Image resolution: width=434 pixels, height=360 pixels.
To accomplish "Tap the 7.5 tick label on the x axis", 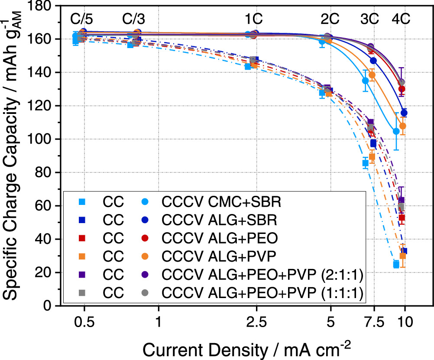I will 373,324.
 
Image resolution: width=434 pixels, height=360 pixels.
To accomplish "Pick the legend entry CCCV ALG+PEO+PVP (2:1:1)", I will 262,276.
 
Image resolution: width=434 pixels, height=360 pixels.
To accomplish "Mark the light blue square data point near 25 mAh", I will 396,264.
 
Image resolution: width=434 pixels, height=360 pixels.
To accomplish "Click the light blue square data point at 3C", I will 366,163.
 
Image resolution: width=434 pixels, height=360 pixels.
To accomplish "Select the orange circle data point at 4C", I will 402,126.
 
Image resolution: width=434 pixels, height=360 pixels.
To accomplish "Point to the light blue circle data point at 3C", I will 366,81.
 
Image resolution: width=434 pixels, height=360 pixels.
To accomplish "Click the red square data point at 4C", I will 402,218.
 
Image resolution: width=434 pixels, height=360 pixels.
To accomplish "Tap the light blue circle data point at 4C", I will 396,131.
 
